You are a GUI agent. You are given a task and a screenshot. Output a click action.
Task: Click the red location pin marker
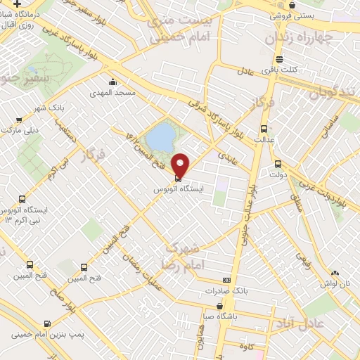(181, 165)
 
